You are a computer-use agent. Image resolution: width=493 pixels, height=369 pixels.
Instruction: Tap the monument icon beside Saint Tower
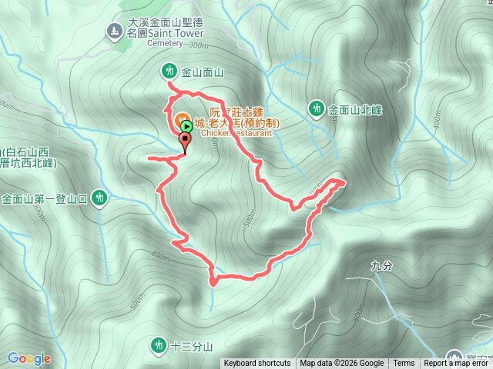[x=114, y=31]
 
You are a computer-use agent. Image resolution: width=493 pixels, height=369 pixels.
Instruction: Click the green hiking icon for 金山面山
[x=169, y=71]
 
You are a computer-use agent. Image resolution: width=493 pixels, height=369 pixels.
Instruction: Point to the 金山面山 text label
[x=202, y=72]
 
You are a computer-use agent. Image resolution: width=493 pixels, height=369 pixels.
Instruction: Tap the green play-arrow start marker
[x=186, y=124]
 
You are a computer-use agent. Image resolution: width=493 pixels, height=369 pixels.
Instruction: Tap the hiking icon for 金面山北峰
[x=316, y=108]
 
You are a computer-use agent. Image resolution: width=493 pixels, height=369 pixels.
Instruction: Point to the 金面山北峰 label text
[x=357, y=109]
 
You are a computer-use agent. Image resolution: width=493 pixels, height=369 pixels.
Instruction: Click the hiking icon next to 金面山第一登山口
[x=99, y=198]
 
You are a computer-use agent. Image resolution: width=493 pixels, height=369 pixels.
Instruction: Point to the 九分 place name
[x=381, y=266]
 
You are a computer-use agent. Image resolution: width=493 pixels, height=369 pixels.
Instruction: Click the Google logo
[x=29, y=358]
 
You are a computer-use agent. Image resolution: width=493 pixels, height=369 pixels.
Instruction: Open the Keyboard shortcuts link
[x=257, y=364]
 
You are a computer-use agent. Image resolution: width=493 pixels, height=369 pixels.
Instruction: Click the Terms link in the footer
[x=404, y=364]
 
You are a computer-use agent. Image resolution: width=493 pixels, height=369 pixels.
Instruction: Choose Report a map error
[x=458, y=364]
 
